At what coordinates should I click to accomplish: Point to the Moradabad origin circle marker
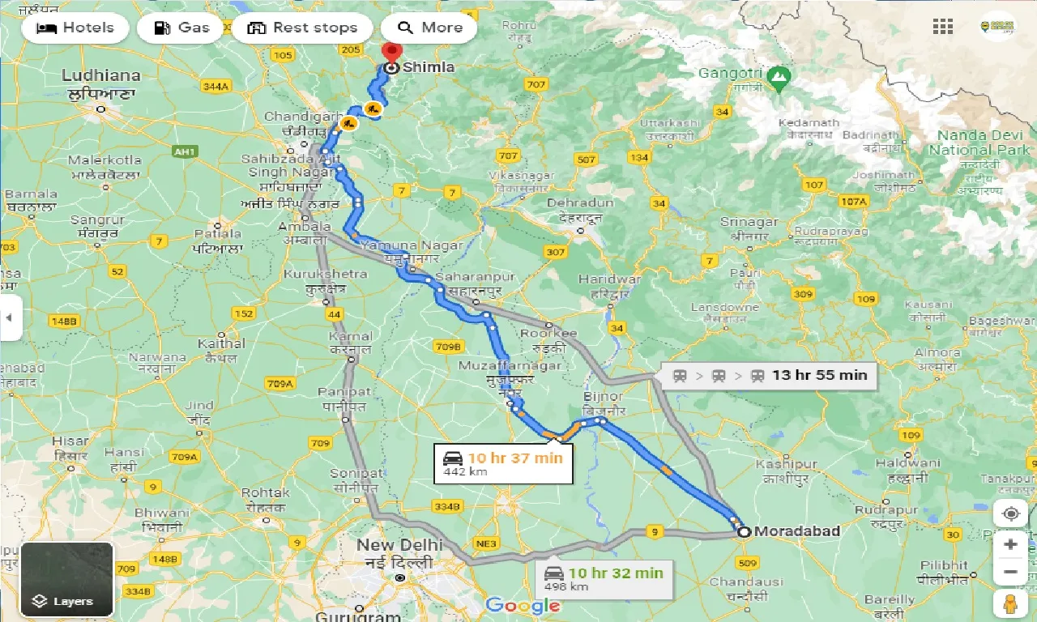tap(743, 532)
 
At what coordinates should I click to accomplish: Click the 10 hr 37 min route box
tap(503, 463)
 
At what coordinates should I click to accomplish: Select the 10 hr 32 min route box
tap(604, 578)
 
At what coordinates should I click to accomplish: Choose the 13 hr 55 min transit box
tap(769, 375)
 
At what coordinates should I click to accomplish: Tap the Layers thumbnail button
tap(67, 579)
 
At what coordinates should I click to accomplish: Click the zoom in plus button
tap(1009, 544)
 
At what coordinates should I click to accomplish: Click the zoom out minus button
tap(1009, 573)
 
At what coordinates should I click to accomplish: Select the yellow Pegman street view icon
tap(1009, 603)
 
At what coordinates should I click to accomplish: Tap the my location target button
tap(1009, 514)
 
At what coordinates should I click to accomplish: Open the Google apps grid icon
tap(943, 27)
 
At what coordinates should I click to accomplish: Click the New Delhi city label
tap(399, 545)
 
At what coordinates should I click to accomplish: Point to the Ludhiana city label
tap(101, 76)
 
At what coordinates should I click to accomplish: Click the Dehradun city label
tap(580, 203)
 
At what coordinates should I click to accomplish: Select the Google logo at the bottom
tap(523, 605)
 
